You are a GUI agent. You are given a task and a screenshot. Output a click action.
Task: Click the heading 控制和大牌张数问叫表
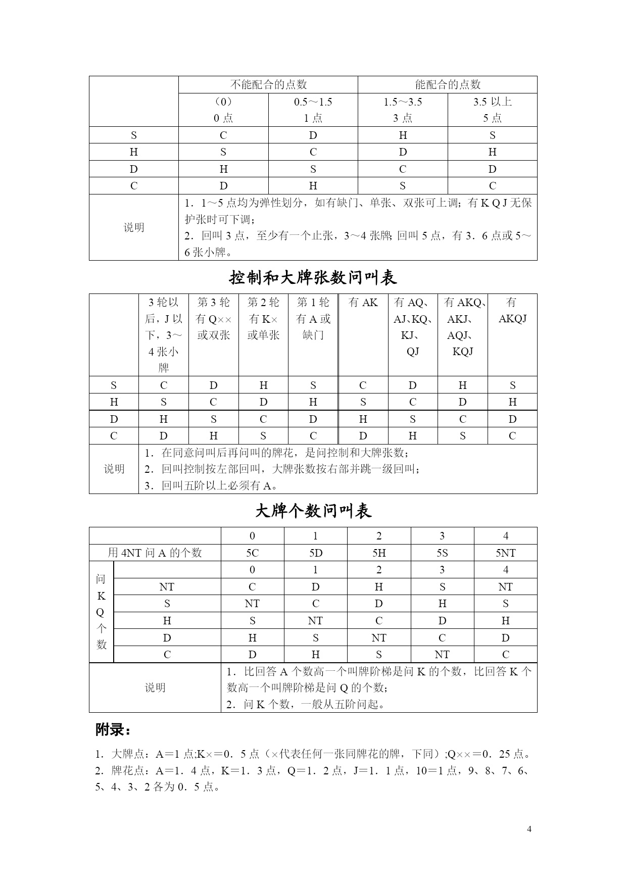tap(313, 277)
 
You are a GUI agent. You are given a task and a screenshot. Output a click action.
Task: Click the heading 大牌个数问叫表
tap(313, 511)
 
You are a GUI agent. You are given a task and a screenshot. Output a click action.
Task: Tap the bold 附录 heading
tap(113, 730)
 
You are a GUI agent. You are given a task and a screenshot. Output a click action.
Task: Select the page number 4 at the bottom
tap(529, 829)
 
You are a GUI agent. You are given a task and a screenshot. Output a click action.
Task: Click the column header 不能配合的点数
tap(268, 85)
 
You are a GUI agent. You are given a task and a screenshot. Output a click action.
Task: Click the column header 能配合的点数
tap(447, 85)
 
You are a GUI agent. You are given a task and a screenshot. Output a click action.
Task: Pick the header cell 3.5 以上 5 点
tap(492, 110)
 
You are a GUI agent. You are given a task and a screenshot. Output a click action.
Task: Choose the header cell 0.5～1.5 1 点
tap(313, 110)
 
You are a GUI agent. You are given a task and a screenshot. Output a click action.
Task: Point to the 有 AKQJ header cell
tap(512, 310)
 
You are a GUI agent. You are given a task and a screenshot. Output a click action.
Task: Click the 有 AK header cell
tap(363, 303)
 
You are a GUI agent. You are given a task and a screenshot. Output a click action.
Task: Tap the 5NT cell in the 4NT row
tap(505, 553)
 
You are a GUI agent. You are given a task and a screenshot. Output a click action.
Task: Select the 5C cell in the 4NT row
tap(252, 553)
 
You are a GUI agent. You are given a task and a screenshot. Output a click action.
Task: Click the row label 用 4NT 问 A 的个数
tap(155, 553)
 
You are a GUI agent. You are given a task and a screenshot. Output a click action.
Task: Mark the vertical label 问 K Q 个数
tap(101, 612)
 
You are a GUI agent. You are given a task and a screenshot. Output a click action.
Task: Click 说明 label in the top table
tap(133, 227)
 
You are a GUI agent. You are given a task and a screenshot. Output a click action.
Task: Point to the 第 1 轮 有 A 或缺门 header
tap(313, 318)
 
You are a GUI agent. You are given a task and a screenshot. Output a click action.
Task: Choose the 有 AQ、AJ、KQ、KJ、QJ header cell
tap(412, 326)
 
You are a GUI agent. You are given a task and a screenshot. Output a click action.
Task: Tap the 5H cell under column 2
tap(379, 553)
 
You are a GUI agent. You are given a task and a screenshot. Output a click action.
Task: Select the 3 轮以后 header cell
tap(164, 334)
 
